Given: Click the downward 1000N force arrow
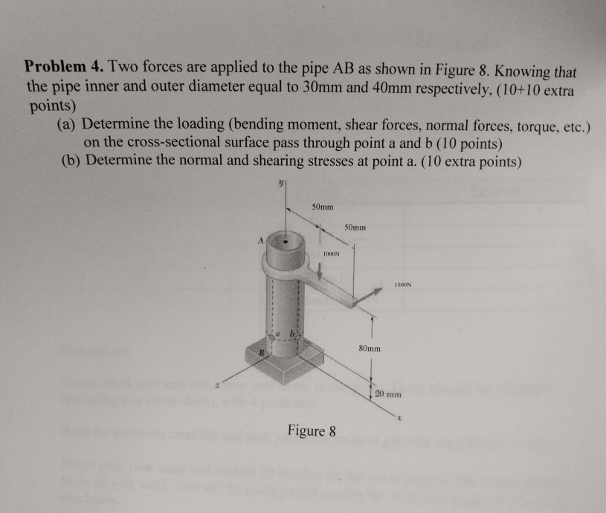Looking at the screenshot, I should pos(320,269).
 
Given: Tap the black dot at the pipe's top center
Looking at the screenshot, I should pos(285,241).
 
